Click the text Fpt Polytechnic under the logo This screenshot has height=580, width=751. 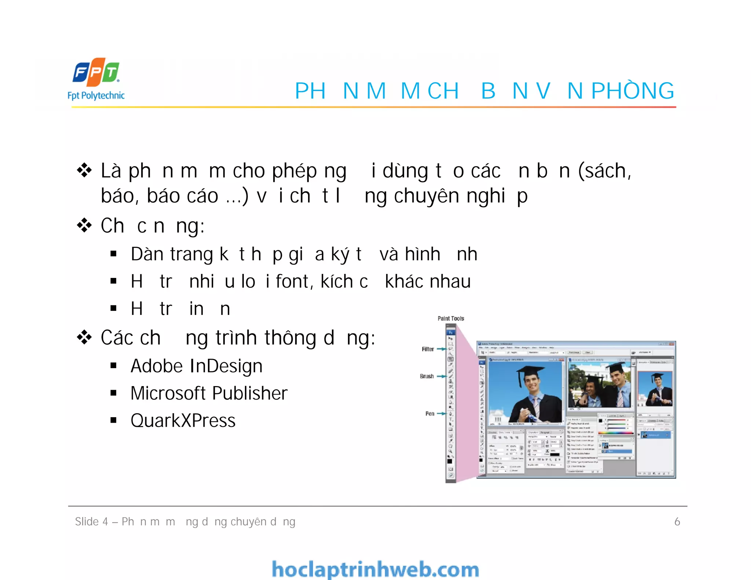click(96, 96)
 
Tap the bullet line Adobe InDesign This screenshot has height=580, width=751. click(197, 366)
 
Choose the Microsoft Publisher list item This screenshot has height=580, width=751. click(209, 393)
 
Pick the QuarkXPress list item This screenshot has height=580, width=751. click(183, 421)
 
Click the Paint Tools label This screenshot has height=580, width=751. click(451, 318)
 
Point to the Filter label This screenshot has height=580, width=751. click(428, 349)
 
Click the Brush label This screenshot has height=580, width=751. click(426, 376)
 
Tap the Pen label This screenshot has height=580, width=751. click(430, 414)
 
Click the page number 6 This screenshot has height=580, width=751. click(677, 521)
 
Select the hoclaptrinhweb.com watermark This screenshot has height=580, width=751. click(375, 569)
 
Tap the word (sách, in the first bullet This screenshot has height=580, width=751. click(605, 171)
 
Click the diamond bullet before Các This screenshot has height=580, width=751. click(84, 337)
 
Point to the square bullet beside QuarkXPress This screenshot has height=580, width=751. click(114, 420)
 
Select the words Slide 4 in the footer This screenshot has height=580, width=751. click(92, 521)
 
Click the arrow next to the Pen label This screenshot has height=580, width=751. click(442, 414)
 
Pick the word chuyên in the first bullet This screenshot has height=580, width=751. click(426, 196)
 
